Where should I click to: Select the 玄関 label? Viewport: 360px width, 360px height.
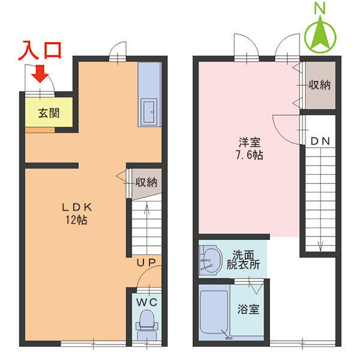[49, 112]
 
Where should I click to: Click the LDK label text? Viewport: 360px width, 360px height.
[76, 207]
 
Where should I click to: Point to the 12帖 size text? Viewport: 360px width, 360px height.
[76, 220]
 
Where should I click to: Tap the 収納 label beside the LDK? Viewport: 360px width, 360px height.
[146, 182]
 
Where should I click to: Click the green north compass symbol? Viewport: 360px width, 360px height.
[322, 35]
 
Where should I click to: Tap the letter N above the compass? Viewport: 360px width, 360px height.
[321, 8]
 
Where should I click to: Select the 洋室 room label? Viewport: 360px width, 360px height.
[249, 142]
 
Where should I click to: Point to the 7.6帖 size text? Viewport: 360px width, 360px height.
[249, 155]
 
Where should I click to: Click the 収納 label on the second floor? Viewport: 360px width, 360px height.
[319, 85]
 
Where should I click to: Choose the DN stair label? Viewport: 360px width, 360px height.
[320, 141]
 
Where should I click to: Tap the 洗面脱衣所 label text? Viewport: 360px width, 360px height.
[243, 259]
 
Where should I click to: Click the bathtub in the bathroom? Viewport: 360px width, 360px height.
[213, 315]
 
